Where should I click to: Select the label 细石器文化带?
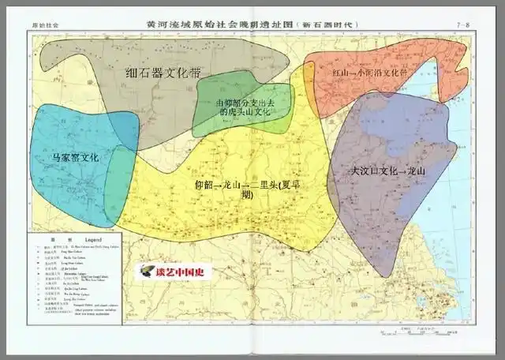163,73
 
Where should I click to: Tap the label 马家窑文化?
75,157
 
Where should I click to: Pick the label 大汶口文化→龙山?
387,171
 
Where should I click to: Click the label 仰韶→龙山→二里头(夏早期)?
241,189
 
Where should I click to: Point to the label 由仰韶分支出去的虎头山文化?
243,107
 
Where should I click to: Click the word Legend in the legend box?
93,239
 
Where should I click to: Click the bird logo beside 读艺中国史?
147,272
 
